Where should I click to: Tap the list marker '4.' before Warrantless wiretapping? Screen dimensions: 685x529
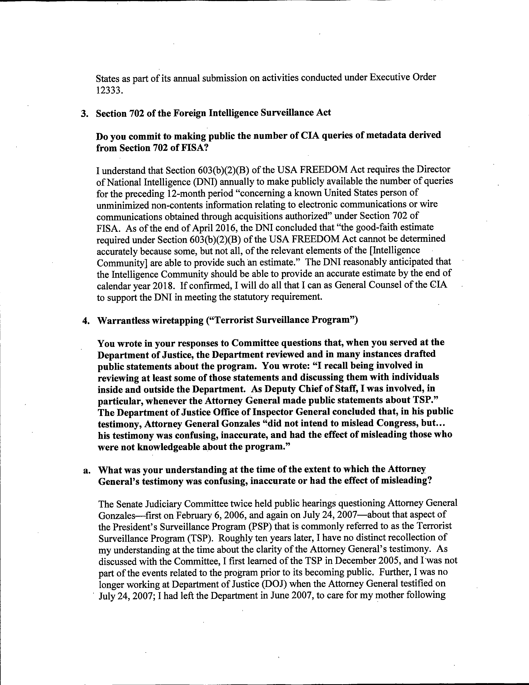pyautogui.click(x=86, y=321)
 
